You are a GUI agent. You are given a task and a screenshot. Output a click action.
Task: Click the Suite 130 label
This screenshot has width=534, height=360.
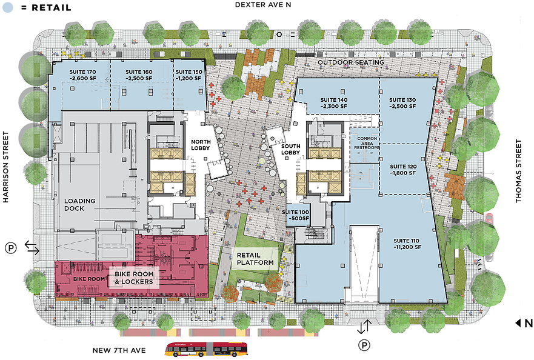[403, 103]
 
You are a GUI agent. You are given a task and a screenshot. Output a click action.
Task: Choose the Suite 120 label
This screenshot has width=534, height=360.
[403, 169]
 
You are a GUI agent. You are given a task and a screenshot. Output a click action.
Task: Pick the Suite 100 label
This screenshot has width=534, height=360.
[297, 215]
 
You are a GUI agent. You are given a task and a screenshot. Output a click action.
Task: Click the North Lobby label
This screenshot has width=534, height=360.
[201, 128]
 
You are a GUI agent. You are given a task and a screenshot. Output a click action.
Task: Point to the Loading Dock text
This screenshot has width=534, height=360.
[82, 204]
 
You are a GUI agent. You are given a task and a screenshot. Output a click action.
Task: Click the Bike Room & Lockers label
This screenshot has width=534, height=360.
[133, 278]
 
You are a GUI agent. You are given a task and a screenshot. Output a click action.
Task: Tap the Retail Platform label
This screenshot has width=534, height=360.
[255, 259]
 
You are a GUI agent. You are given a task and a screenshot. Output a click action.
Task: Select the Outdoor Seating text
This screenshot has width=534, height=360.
[351, 62]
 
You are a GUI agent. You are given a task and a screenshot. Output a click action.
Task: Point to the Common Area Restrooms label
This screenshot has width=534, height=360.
[368, 146]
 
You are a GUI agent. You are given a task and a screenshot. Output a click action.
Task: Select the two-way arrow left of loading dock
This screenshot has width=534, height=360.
[32, 247]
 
